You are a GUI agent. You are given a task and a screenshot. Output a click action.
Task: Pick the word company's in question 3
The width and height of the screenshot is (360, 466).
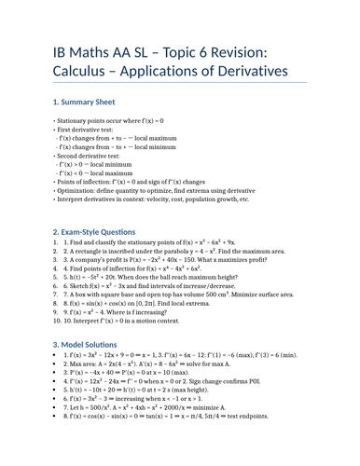coord(92,263)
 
